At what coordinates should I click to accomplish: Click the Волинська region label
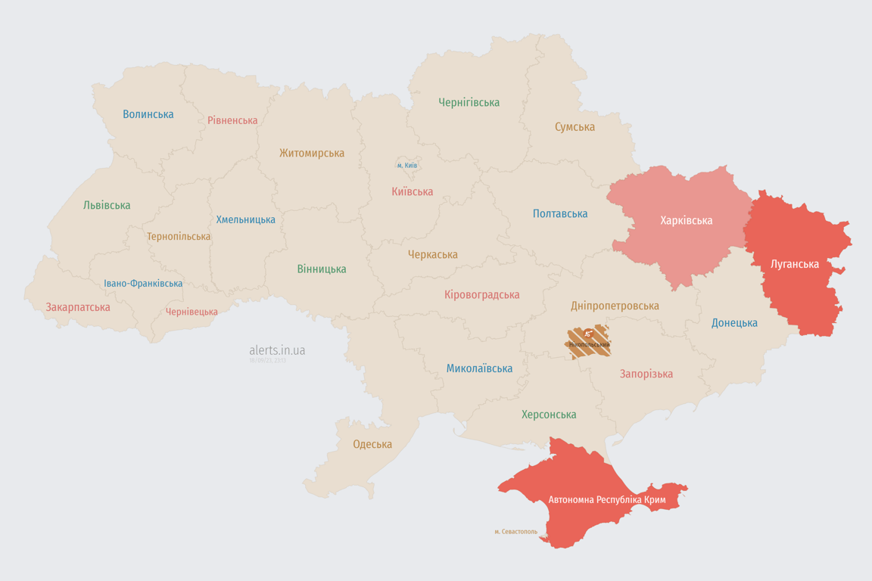(148, 114)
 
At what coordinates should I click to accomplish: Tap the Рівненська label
(232, 120)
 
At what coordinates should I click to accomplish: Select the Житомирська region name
(311, 153)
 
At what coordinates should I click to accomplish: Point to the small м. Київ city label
(407, 165)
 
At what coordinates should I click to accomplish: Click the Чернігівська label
(469, 102)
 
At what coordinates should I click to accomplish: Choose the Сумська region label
(575, 127)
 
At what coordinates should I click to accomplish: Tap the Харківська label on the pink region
(686, 220)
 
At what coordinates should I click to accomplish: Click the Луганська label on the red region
(794, 264)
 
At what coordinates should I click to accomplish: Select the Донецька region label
(734, 323)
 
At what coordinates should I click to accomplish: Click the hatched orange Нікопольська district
(589, 342)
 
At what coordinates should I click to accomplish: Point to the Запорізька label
(646, 374)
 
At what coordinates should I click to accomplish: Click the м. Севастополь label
(515, 532)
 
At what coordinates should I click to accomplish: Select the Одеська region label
(372, 444)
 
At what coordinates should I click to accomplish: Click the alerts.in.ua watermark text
(277, 350)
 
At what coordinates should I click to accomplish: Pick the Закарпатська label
(78, 307)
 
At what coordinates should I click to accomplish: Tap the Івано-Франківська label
(143, 284)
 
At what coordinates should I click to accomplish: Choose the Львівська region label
(107, 205)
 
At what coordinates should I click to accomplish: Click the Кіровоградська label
(481, 294)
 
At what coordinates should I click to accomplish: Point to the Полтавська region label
(560, 214)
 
